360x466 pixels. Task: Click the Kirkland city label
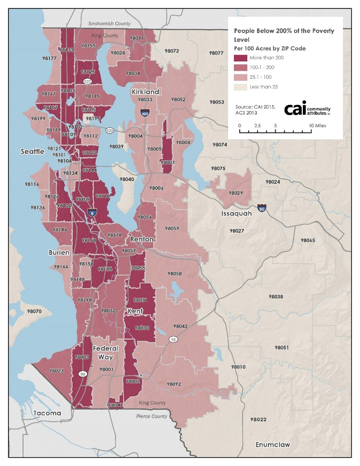[x=145, y=92]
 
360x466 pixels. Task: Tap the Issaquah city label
[x=237, y=213]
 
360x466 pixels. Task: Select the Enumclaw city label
[x=272, y=445]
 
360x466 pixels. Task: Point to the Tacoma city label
[x=47, y=413]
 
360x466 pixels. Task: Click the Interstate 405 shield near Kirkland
[x=145, y=112]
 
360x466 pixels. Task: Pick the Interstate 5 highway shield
[x=92, y=212]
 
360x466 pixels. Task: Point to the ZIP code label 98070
[x=34, y=311]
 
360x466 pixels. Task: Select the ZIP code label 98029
[x=236, y=192]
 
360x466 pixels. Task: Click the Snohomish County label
[x=109, y=23]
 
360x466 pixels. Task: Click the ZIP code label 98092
[x=173, y=384]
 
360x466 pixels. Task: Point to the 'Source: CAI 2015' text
[x=255, y=107]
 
